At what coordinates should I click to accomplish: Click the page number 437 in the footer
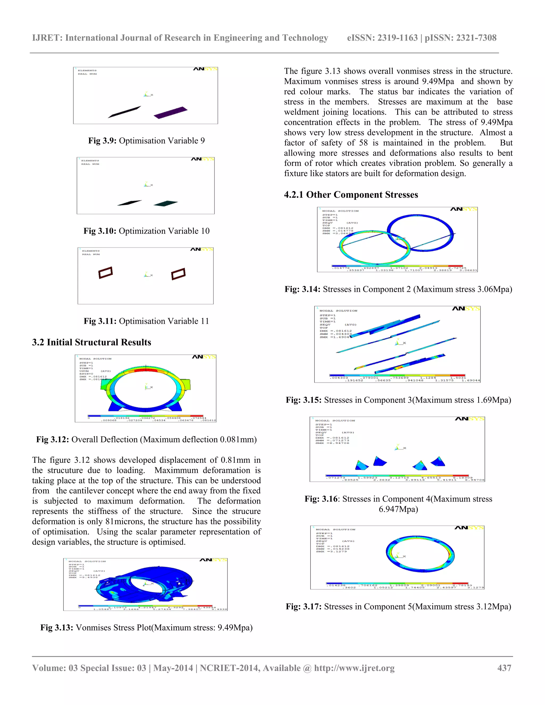[x=504, y=668]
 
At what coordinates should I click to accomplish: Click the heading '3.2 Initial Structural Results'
[x=91, y=342]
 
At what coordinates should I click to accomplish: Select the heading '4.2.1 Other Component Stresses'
[x=351, y=195]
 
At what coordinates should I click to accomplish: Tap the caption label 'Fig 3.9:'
[x=102, y=141]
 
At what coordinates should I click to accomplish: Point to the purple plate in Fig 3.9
[x=171, y=112]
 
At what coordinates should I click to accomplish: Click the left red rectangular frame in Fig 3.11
[x=106, y=272]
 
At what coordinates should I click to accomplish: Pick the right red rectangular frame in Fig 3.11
[x=178, y=274]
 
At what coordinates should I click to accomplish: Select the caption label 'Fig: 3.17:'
[x=303, y=607]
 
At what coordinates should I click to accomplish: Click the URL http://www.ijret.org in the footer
[x=354, y=668]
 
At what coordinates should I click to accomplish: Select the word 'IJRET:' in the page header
[x=47, y=38]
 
